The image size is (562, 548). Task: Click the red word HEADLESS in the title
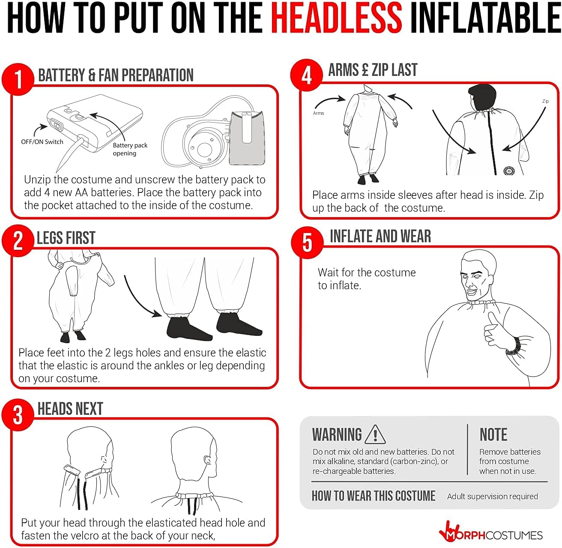336,18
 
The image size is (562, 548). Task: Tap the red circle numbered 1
18,79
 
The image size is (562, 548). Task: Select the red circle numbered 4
306,75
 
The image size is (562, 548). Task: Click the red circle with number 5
307,242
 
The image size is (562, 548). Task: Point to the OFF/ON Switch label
42,141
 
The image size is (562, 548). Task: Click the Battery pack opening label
130,149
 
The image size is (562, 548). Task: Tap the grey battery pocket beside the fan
247,138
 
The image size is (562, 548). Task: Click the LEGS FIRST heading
66,238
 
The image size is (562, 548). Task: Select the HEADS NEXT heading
70,408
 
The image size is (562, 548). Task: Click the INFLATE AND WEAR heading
380,236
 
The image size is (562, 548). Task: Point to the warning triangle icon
375,434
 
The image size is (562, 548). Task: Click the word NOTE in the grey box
493,434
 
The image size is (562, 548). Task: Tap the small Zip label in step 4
545,101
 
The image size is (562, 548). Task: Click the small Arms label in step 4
318,113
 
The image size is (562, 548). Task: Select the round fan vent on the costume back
509,171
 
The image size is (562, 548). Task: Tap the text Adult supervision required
493,496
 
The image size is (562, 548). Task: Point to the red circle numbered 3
18,415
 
